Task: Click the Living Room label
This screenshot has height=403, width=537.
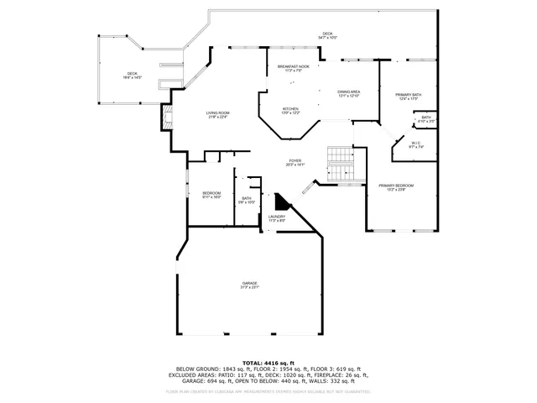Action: tap(218, 114)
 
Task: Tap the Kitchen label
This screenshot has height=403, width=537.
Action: tap(290, 110)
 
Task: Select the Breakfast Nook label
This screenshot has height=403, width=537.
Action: tap(293, 68)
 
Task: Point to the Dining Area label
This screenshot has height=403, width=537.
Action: tap(348, 93)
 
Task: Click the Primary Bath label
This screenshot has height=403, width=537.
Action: tap(409, 97)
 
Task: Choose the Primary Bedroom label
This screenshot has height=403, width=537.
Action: tap(395, 186)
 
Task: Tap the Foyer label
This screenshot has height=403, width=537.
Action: tap(295, 162)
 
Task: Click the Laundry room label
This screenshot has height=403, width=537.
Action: tap(277, 218)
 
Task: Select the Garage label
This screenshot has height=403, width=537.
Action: tap(250, 285)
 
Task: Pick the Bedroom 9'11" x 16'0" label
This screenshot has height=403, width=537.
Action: tap(211, 195)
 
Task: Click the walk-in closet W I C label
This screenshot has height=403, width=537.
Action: tap(415, 145)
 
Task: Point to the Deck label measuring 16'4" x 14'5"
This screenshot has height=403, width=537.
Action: tap(133, 76)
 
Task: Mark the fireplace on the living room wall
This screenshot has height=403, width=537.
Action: tap(166, 118)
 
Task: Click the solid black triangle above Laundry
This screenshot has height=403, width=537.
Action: tap(280, 203)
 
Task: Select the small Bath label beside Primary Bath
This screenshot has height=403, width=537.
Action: tap(426, 119)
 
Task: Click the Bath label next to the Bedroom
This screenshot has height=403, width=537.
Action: tap(246, 200)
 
